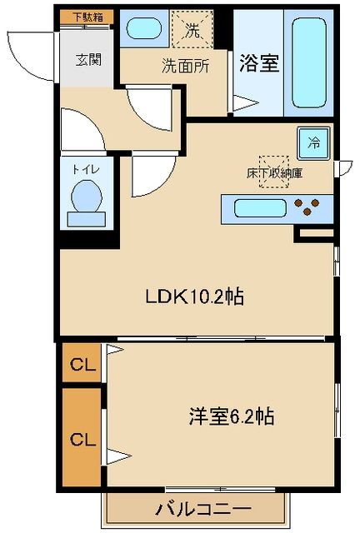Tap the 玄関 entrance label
[x=88, y=60]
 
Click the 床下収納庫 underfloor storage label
[x=274, y=174]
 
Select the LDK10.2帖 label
[x=194, y=296]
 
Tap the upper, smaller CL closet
[x=81, y=363]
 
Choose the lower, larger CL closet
[x=81, y=437]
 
